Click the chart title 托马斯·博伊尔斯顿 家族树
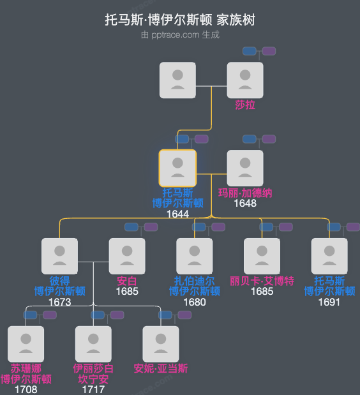[x=180, y=20]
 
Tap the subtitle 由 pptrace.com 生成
[x=180, y=34]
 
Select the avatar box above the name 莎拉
[x=245, y=80]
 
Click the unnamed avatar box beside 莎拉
[x=177, y=80]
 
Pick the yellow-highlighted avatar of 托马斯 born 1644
[x=177, y=168]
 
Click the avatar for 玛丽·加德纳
[x=245, y=168]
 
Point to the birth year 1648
[x=245, y=204]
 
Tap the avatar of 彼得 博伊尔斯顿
[x=59, y=256]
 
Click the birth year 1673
[x=59, y=302]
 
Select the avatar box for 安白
[x=127, y=256]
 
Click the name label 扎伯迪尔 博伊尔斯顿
[x=195, y=286]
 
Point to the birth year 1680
[x=195, y=302]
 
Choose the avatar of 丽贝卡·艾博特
[x=262, y=256]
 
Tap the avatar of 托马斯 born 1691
[x=330, y=256]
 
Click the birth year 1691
[x=330, y=302]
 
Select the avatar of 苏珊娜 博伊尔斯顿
[x=26, y=344]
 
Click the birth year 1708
[x=26, y=389]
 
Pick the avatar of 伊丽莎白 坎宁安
[x=93, y=344]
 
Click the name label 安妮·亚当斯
[x=161, y=369]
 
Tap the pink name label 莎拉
[x=245, y=105]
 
